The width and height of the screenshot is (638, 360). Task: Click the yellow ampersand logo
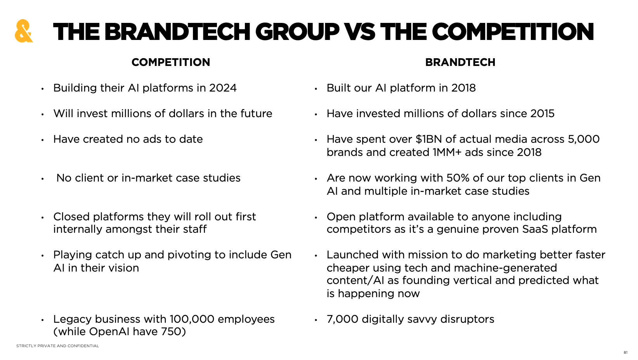[24, 31]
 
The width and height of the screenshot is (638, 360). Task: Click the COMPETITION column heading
[171, 62]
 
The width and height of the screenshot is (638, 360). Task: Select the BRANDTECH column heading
[460, 62]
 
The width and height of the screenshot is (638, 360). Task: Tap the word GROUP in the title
[297, 32]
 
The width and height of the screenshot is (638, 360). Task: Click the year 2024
[223, 88]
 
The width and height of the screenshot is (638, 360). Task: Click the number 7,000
[342, 319]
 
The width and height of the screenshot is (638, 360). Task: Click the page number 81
[625, 353]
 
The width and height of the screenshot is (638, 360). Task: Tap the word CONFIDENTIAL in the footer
[83, 346]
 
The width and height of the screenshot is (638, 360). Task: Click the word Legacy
[72, 319]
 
